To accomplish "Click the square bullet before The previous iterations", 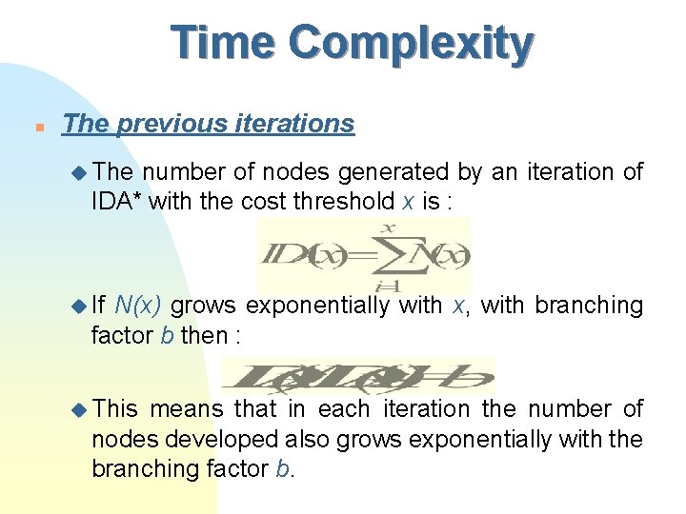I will pyautogui.click(x=35, y=126).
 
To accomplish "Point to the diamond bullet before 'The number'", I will pyautogui.click(x=80, y=172).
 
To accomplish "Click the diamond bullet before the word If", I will pyautogui.click(x=80, y=306).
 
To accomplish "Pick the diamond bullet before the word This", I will pyautogui.click(x=80, y=409).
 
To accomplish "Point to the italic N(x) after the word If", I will pyautogui.click(x=137, y=306).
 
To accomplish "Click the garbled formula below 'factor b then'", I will pyautogui.click(x=357, y=376).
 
